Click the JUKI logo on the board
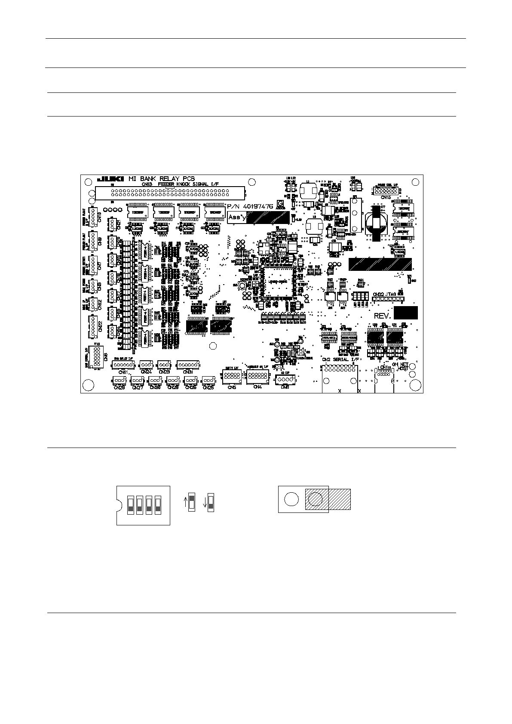(111, 179)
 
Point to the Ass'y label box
(237, 217)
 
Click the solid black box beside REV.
(406, 313)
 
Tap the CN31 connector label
(188, 372)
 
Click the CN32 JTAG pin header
(388, 298)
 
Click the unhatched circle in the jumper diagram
(291, 499)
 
